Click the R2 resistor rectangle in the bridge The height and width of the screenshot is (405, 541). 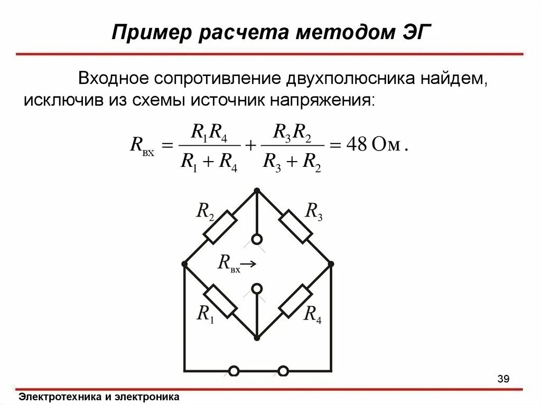click(220, 227)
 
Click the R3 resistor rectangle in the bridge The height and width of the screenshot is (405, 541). click(294, 227)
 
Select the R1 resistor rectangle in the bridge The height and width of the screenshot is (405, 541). click(220, 301)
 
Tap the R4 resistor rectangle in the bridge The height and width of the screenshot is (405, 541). click(294, 301)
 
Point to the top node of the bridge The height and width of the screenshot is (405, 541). click(257, 190)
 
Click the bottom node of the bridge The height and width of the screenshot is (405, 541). click(257, 337)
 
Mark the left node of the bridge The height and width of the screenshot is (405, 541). click(184, 263)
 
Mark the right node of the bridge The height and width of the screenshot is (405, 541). click(331, 263)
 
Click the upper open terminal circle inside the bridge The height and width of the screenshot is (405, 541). click(257, 239)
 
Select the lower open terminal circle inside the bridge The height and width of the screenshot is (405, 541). click(257, 288)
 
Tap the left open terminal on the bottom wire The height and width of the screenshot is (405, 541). click(233, 371)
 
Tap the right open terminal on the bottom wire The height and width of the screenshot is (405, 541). click(283, 371)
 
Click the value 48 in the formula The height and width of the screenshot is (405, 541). click(356, 146)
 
